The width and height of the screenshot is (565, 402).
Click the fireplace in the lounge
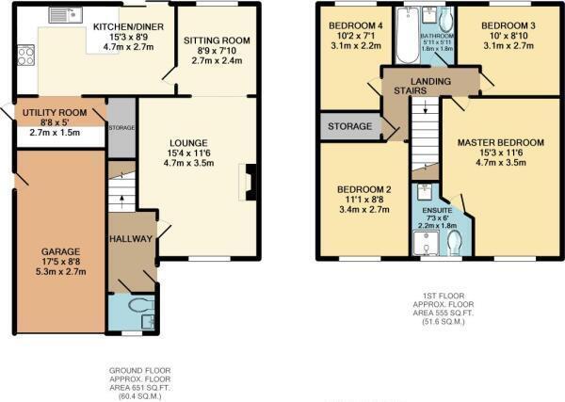tap(249, 181)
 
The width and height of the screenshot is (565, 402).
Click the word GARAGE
tap(58, 250)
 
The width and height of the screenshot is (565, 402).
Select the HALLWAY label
tap(131, 239)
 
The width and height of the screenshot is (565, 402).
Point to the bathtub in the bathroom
tap(409, 36)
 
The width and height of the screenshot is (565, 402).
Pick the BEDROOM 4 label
tap(348, 24)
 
